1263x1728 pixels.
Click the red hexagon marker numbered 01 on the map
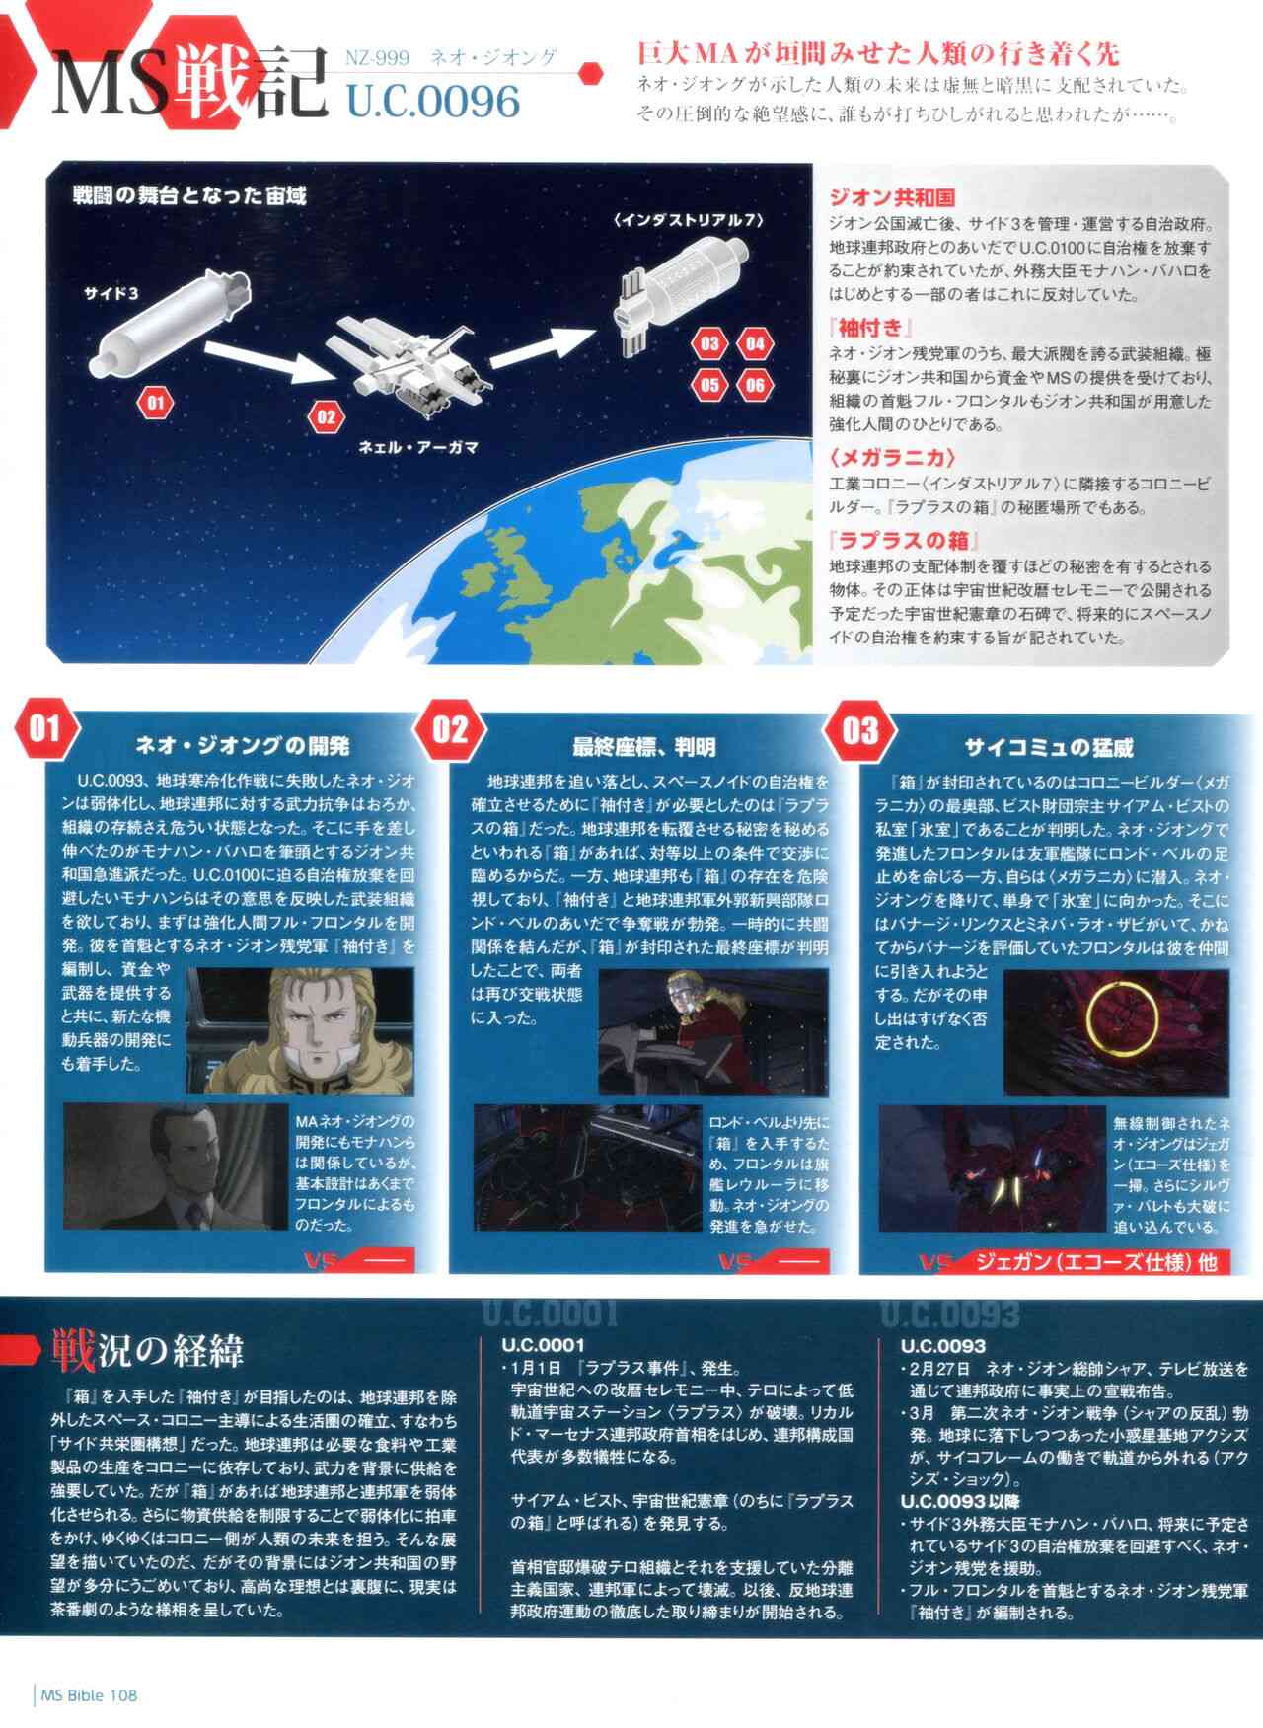coord(155,402)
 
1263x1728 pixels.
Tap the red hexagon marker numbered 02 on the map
coord(326,416)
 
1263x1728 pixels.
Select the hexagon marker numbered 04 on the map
coord(755,343)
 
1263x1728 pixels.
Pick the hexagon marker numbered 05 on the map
coord(709,385)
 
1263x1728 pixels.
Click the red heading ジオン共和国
coord(891,196)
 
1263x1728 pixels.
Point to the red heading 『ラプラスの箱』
coord(903,540)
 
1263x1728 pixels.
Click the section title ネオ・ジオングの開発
coord(242,746)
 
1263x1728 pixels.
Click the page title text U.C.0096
coord(432,102)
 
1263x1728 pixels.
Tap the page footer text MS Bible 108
coord(89,1695)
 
